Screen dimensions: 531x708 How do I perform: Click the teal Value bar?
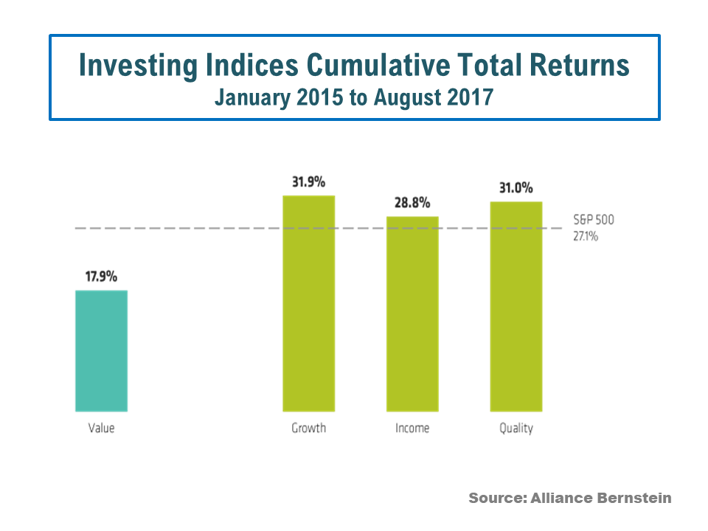point(102,350)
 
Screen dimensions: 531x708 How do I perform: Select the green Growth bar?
point(309,302)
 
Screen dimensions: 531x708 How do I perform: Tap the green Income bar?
point(412,313)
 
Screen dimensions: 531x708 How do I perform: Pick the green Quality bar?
point(516,306)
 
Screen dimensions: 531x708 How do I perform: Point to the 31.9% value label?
point(308,181)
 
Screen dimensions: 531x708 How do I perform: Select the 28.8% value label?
point(412,203)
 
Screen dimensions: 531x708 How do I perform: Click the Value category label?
point(101,428)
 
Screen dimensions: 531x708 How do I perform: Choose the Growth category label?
point(308,428)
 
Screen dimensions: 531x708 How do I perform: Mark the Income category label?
point(412,428)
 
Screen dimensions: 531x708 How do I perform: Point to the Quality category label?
point(516,428)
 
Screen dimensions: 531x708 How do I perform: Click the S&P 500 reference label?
point(594,219)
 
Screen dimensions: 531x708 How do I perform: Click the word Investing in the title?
point(139,66)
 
